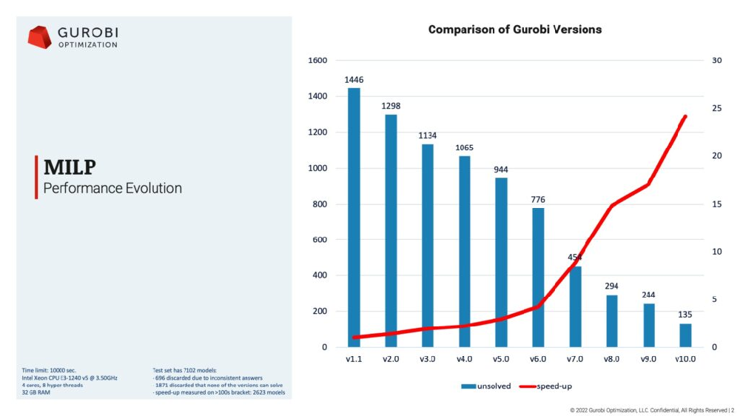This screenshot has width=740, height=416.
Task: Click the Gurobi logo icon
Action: coord(39,37)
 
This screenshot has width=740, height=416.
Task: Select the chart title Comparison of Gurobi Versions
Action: coord(515,30)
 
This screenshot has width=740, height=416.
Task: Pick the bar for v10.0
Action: coord(685,335)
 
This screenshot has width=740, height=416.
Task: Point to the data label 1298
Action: coord(391,106)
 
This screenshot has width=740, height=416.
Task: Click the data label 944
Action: coord(502,170)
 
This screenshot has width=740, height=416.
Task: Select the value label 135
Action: coord(686,315)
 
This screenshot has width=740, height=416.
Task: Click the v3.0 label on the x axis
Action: coord(428,359)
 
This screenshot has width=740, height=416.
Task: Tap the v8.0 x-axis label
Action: coord(612,359)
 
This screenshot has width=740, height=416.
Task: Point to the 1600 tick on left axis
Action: coord(317,61)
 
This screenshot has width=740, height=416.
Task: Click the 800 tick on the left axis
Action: coord(320,204)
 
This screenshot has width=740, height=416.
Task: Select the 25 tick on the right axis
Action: coord(715,108)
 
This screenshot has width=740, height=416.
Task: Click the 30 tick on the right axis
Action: coord(715,61)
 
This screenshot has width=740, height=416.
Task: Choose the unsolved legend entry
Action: coord(486,386)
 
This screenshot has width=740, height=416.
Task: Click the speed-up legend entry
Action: coord(545,386)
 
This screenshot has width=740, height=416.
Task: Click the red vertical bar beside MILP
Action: coord(36,178)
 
